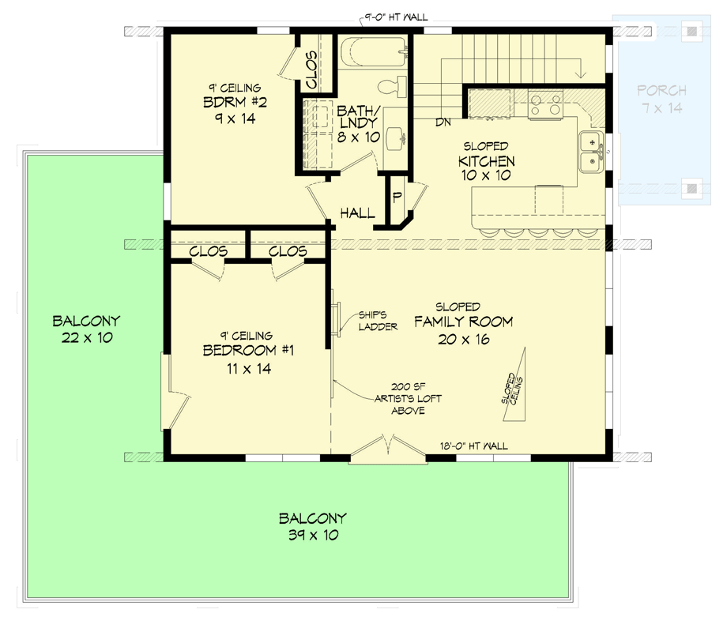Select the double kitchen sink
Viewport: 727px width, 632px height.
[590, 152]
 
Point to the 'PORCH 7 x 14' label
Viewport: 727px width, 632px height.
[661, 99]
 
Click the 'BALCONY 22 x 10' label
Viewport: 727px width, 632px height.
[86, 329]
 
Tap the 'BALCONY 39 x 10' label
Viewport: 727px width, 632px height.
[312, 527]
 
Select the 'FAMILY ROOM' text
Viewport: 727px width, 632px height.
[464, 322]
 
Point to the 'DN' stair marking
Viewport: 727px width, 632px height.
[443, 122]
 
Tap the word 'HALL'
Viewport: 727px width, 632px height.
[357, 213]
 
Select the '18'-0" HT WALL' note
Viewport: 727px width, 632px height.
[474, 446]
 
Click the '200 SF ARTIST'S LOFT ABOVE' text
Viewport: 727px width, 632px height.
[407, 398]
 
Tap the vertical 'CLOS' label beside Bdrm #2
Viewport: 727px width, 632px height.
[311, 70]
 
